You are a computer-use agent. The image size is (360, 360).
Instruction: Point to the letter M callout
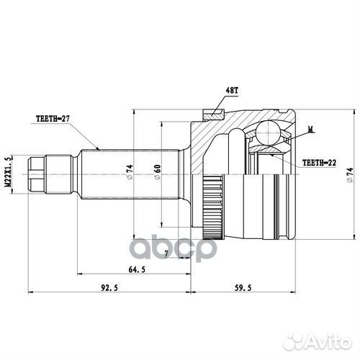[310, 130]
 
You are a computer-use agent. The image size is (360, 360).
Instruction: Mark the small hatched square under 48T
[214, 111]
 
